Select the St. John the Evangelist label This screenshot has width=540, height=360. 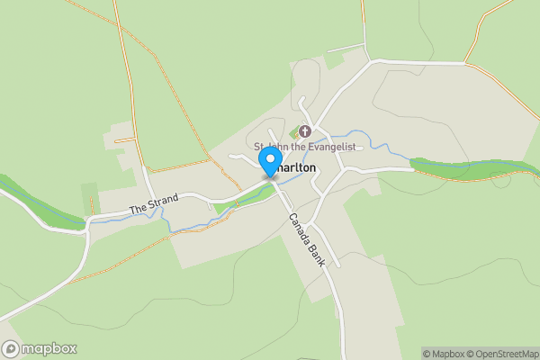click(x=305, y=147)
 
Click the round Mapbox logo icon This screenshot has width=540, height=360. click(x=12, y=348)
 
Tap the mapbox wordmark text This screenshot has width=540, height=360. click(x=49, y=348)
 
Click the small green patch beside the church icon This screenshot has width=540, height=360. click(x=294, y=133)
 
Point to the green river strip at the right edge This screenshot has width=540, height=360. click(x=468, y=167)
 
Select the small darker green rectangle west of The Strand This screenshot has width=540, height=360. click(x=88, y=198)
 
